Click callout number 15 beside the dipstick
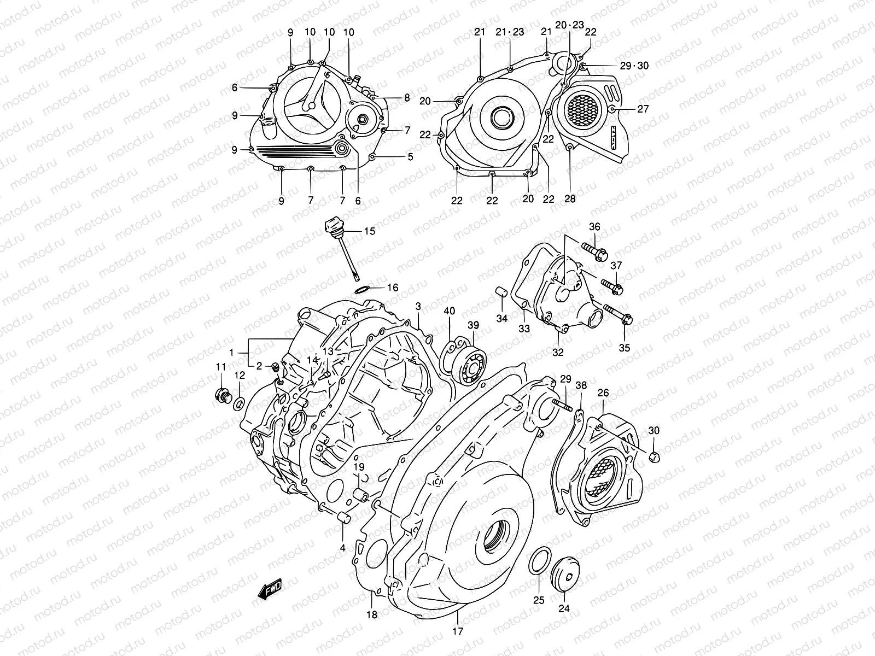tap(370, 231)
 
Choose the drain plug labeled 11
tap(221, 395)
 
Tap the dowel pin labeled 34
tap(500, 291)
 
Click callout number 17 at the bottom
tap(458, 631)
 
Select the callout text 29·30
tap(634, 66)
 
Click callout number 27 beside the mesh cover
tap(643, 109)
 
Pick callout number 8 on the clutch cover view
tap(407, 98)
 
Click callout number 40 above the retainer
tap(449, 311)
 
